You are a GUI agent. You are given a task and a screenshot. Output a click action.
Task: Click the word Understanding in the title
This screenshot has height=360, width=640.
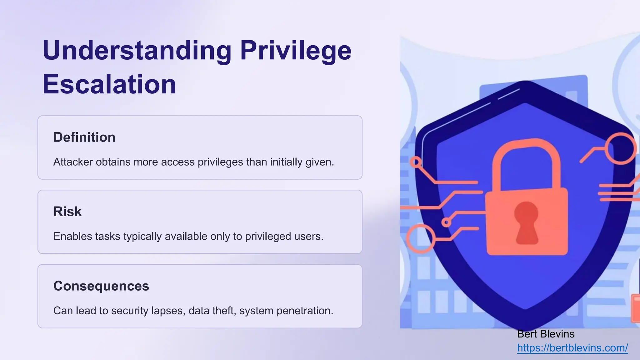click(137, 51)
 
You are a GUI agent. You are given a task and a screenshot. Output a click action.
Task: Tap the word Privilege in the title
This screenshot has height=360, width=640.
click(296, 51)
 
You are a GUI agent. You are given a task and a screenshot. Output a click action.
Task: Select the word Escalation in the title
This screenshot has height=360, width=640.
click(109, 84)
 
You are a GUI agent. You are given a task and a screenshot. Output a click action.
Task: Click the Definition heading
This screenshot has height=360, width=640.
click(84, 137)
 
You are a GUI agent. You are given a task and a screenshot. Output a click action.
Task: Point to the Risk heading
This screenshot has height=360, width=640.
click(67, 212)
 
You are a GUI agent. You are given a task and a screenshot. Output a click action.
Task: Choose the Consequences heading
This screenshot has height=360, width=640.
click(101, 286)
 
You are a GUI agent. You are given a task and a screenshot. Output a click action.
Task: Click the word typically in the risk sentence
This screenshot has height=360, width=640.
click(142, 237)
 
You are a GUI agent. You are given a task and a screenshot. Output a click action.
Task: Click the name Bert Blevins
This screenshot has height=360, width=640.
click(546, 334)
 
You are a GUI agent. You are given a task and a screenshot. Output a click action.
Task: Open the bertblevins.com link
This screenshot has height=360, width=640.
click(572, 348)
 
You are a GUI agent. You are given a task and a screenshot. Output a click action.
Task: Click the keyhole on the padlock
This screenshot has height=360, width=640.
click(527, 222)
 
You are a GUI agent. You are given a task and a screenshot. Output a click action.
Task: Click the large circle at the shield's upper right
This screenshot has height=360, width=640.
click(620, 148)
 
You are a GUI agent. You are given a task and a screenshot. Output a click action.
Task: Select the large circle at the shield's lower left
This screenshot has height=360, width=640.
click(421, 238)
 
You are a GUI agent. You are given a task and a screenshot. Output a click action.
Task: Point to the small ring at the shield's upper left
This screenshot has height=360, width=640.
click(416, 162)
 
